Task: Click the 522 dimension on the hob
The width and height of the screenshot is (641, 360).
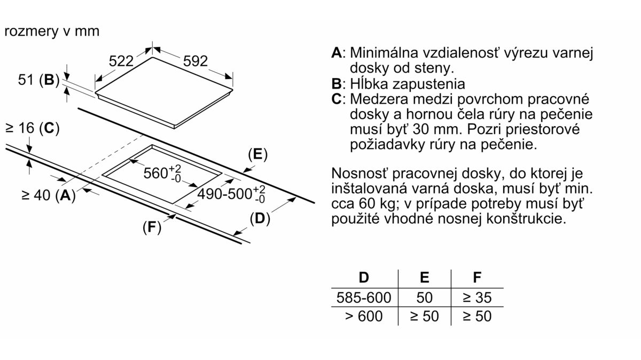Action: [121, 61]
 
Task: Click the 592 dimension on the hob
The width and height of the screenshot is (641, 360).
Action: [195, 61]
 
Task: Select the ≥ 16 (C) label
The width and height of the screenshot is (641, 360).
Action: [32, 128]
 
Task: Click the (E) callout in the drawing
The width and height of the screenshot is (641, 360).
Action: [257, 154]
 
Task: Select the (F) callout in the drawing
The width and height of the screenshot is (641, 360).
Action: [152, 228]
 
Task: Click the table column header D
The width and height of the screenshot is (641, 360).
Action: [364, 277]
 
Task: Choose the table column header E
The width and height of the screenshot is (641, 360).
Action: [425, 277]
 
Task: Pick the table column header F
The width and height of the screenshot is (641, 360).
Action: [477, 277]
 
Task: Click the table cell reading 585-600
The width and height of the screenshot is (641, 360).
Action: [364, 297]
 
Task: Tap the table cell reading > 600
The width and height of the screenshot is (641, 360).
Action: [364, 316]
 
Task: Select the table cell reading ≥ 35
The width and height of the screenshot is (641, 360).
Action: [477, 297]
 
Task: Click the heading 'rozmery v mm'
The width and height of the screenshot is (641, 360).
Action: [52, 31]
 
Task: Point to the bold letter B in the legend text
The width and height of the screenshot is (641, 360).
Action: [336, 84]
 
